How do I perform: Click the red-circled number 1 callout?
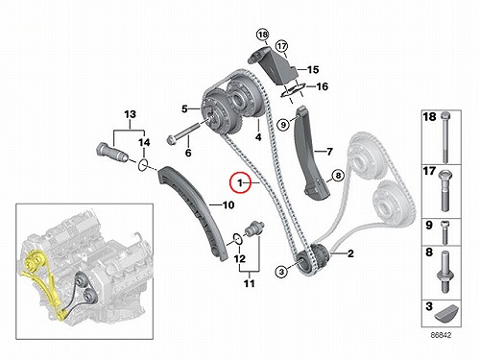[240, 183]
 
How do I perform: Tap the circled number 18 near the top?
[263, 35]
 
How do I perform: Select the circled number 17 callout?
[281, 46]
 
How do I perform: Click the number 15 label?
[313, 69]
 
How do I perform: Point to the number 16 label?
[322, 86]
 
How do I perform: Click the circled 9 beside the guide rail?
[283, 124]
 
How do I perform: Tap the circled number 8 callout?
[338, 176]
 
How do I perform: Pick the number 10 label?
[228, 204]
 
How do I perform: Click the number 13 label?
[130, 114]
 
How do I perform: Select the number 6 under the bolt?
[188, 153]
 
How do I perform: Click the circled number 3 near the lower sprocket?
[281, 272]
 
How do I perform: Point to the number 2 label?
[350, 253]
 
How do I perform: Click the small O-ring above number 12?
[237, 238]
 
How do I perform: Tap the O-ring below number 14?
[143, 165]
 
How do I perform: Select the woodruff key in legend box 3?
[447, 314]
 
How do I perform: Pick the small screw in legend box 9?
[444, 232]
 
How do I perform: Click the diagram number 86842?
[441, 335]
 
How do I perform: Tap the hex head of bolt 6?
[171, 139]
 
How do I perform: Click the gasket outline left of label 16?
[292, 90]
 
